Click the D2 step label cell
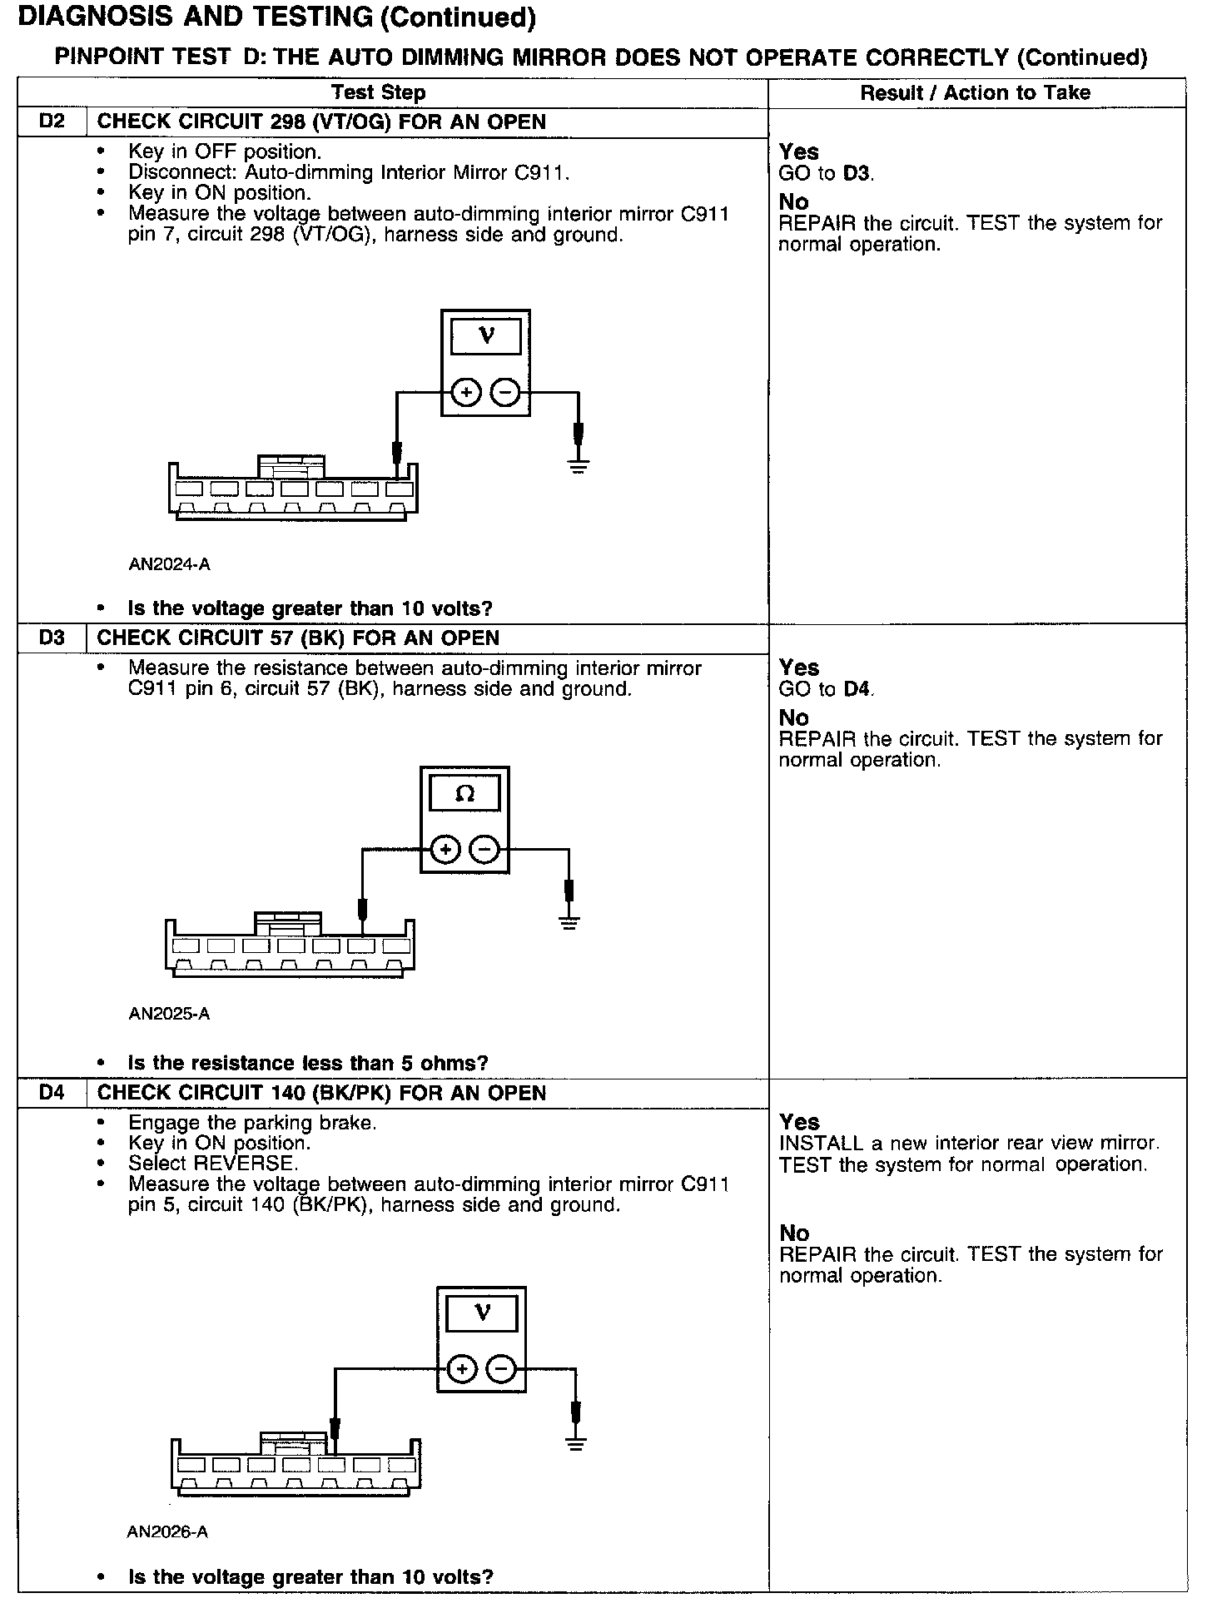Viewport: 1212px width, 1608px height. pyautogui.click(x=52, y=122)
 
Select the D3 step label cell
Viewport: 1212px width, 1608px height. pyautogui.click(x=52, y=638)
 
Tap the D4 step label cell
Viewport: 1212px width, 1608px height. pyautogui.click(x=52, y=1092)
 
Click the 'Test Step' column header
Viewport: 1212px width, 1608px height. pyautogui.click(x=379, y=92)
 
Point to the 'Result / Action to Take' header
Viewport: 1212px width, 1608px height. pyautogui.click(x=975, y=92)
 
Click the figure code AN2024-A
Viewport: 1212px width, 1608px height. pyautogui.click(x=169, y=564)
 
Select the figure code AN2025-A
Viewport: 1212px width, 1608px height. pyautogui.click(x=169, y=1014)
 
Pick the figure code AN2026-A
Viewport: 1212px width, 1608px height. pyautogui.click(x=167, y=1531)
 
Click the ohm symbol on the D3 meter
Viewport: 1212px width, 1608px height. pyautogui.click(x=464, y=794)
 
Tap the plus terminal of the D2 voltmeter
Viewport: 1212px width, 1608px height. pyautogui.click(x=466, y=391)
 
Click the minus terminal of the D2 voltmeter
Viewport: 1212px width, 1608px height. pyautogui.click(x=504, y=391)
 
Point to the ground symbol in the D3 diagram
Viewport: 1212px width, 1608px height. pyautogui.click(x=569, y=921)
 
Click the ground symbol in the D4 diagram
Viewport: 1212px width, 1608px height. pyautogui.click(x=575, y=1442)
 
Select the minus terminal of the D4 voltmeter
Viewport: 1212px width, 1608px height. pyautogui.click(x=501, y=1368)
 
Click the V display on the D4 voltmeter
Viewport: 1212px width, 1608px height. pyautogui.click(x=482, y=1313)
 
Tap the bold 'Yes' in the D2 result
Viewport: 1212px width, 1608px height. pyautogui.click(x=798, y=151)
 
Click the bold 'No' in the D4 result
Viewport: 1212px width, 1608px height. pyautogui.click(x=794, y=1233)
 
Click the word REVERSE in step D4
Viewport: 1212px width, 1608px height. pyautogui.click(x=254, y=1164)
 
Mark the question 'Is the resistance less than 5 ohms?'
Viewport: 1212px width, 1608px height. pyautogui.click(x=308, y=1063)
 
